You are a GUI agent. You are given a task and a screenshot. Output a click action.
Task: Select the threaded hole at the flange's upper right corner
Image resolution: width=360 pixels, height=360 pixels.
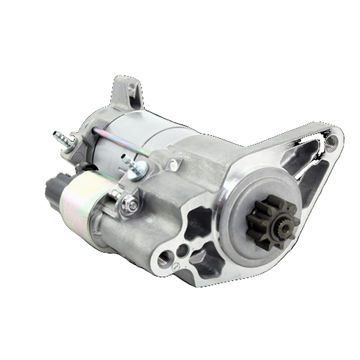click(x=330, y=142)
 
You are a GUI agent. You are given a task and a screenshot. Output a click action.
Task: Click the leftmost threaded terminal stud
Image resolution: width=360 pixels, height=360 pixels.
click(x=62, y=138)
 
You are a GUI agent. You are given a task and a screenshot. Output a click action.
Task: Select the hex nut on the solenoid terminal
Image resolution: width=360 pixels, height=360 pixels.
click(x=130, y=205)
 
